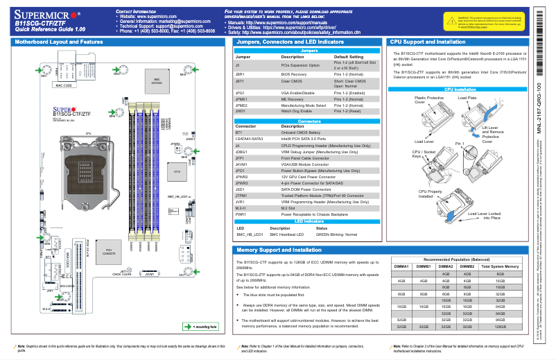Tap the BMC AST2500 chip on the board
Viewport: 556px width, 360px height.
tap(157, 81)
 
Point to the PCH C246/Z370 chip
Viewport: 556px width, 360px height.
tap(108, 251)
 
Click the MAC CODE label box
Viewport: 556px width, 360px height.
tap(64, 85)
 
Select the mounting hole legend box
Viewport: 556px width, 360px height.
tap(201, 325)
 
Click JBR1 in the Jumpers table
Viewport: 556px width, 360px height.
tap(241, 74)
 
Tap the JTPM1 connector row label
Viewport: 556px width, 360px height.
tap(243, 196)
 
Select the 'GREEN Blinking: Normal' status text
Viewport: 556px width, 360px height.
tap(337, 234)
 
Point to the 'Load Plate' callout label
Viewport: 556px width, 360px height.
tap(467, 98)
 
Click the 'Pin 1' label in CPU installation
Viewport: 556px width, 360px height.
tap(459, 144)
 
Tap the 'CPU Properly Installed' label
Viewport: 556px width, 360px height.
tap(430, 193)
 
